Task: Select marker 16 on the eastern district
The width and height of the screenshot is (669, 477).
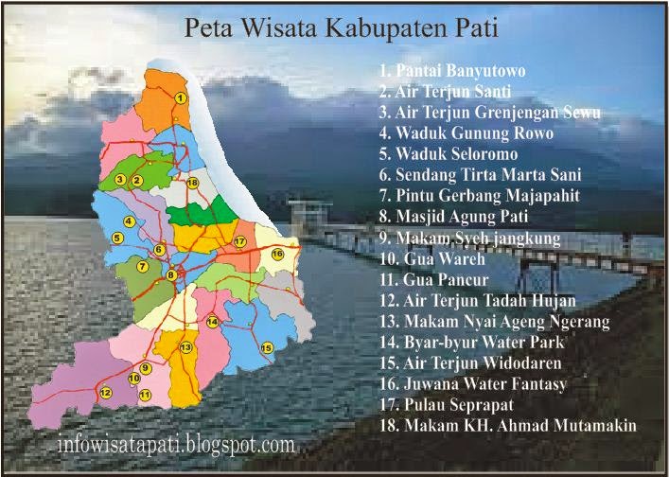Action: (x=277, y=254)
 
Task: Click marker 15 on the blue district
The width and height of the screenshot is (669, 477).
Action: (x=267, y=347)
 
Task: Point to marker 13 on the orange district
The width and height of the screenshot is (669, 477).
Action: (x=186, y=347)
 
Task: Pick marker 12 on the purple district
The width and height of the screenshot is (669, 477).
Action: (x=105, y=392)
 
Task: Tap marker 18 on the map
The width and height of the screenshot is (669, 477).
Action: (x=192, y=182)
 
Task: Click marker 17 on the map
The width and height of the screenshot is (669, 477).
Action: (x=240, y=242)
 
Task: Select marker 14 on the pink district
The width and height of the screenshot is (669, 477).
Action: (x=213, y=322)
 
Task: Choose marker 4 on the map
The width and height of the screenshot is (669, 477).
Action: (x=128, y=221)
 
